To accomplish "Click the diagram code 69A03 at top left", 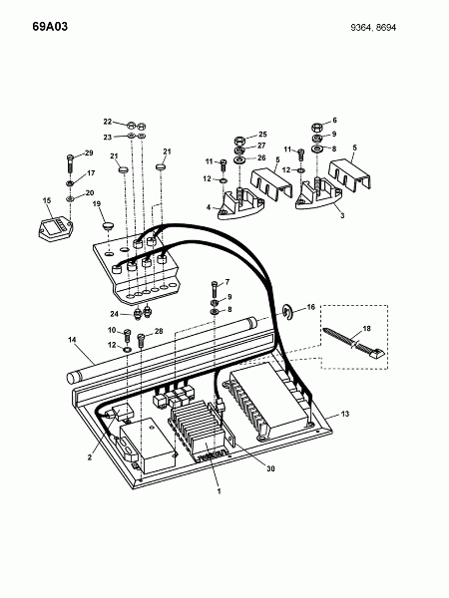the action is coord(50,27).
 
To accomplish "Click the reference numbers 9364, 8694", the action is coord(373,28).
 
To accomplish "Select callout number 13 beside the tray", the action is coord(345,414).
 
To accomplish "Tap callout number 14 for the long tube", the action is coord(72,340).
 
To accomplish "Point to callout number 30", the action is coord(270,468).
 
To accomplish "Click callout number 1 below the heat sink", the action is coord(220,491).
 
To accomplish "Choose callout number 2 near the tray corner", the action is coord(90,457).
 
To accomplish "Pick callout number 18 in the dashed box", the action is coord(366,328).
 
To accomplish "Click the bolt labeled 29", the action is coord(70,164).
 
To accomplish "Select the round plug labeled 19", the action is coord(108,226).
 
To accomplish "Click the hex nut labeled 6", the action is coord(317,127).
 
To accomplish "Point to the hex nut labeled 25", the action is coord(239,140).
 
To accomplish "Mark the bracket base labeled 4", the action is coord(240,206).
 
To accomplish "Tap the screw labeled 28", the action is coord(141,341).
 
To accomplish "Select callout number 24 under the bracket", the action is coord(114,314).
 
